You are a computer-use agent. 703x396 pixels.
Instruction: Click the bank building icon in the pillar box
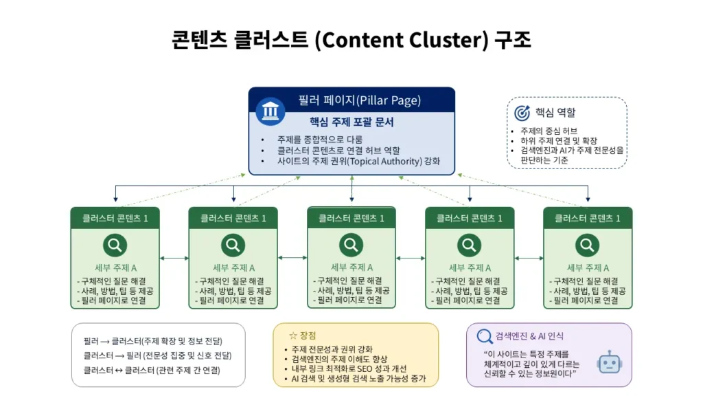270,111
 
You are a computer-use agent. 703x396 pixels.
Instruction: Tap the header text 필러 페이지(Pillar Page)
360,100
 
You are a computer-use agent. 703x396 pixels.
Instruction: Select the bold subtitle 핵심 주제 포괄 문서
351,122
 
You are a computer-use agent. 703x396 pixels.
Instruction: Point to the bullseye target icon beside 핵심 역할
522,112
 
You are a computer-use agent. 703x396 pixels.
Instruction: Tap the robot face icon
608,362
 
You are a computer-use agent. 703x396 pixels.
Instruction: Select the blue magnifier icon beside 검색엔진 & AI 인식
485,336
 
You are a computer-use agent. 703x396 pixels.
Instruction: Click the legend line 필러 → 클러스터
153,341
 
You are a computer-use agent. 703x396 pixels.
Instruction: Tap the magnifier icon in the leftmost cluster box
115,245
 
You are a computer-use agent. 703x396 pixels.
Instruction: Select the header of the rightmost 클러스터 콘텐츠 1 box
587,218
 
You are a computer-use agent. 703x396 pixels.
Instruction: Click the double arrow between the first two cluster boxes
174,258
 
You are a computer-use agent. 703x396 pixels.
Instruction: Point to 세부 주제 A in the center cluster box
351,267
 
